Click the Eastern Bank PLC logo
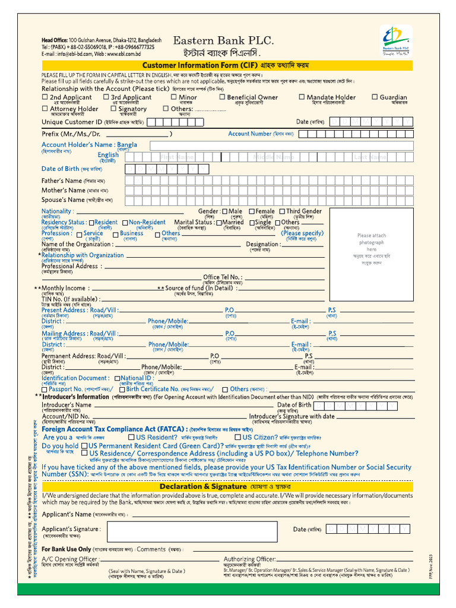(395, 41)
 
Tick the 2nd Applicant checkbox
(45, 97)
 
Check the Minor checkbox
(174, 97)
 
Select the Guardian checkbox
(375, 97)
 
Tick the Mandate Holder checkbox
(302, 97)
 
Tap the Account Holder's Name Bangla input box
(281, 145)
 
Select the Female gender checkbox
(252, 211)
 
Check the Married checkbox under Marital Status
(218, 223)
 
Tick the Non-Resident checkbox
(125, 223)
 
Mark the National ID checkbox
(118, 378)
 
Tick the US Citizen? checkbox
(237, 438)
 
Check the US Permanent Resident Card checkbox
(85, 446)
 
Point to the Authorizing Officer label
(249, 559)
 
